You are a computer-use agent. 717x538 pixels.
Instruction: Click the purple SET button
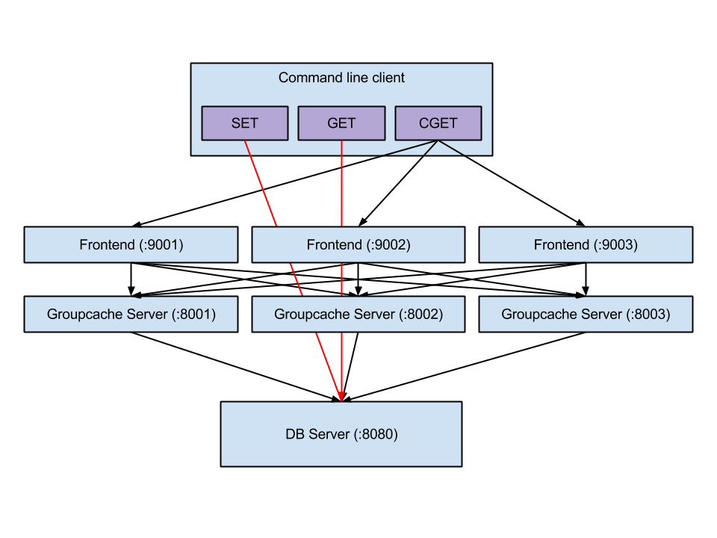click(x=244, y=123)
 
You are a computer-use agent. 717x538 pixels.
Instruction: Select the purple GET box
click(x=341, y=123)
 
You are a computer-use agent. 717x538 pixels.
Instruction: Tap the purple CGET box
click(x=438, y=123)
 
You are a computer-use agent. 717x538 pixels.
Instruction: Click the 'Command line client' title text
click(x=341, y=78)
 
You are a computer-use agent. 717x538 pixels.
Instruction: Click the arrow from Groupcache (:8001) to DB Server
click(x=235, y=366)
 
